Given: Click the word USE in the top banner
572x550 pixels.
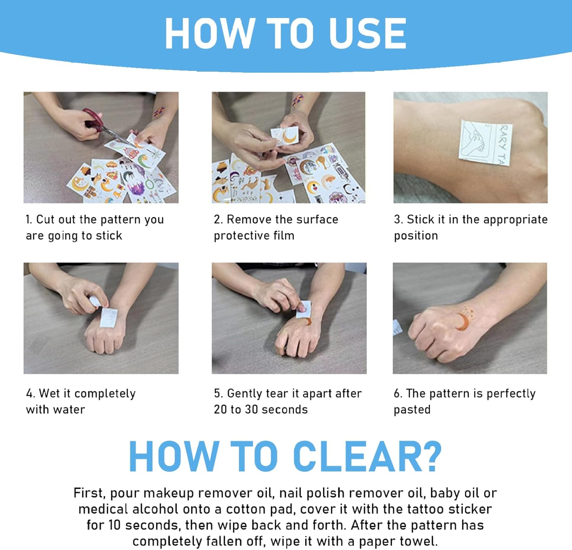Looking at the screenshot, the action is [x=367, y=33].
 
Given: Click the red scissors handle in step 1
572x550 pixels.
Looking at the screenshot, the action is [x=92, y=118].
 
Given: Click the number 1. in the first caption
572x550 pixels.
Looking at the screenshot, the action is [x=29, y=220].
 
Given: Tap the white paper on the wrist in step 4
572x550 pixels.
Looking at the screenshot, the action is [x=108, y=317].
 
